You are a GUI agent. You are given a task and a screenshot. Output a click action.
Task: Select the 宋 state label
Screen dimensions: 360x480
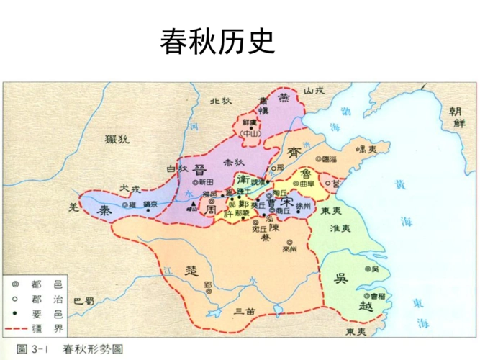(288, 203)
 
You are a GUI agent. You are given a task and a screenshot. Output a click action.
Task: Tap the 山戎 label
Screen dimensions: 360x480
(314, 90)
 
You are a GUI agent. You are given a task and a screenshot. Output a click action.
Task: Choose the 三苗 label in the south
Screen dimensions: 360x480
(245, 310)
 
